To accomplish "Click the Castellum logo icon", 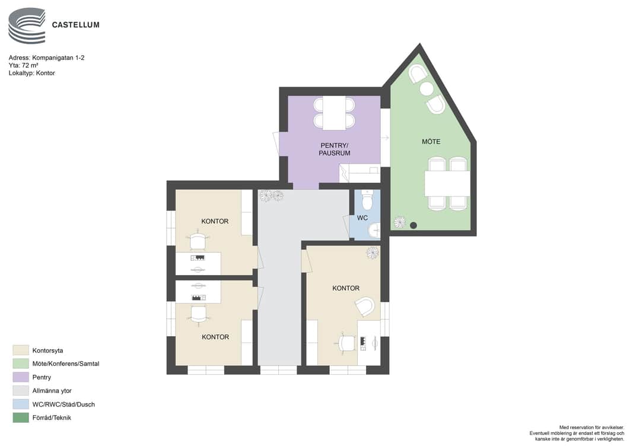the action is pyautogui.click(x=27, y=25).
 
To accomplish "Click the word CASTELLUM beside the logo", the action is pyautogui.click(x=75, y=25).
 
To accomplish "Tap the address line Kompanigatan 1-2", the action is pyautogui.click(x=46, y=58).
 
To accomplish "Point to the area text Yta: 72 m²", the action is pyautogui.click(x=23, y=65).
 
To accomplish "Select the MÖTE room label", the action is pyautogui.click(x=431, y=142).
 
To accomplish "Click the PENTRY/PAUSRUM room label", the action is pyautogui.click(x=334, y=149).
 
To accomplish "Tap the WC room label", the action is pyautogui.click(x=362, y=218).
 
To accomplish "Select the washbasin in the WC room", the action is pyautogui.click(x=374, y=231).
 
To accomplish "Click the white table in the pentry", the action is pyautogui.click(x=334, y=113).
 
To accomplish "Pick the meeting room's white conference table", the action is pyautogui.click(x=447, y=184).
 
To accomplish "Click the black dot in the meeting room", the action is pyautogui.click(x=413, y=225).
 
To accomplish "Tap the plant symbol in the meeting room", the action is pyautogui.click(x=400, y=222).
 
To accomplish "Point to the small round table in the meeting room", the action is pyautogui.click(x=427, y=88).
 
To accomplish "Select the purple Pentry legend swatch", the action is pyautogui.click(x=21, y=377).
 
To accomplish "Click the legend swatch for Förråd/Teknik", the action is pyautogui.click(x=21, y=417).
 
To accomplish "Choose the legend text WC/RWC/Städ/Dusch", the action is pyautogui.click(x=63, y=404).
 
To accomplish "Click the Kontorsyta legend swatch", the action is pyautogui.click(x=21, y=350).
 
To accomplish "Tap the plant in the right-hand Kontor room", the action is pyautogui.click(x=373, y=253).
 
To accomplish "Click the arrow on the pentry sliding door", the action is pyautogui.click(x=385, y=138).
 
